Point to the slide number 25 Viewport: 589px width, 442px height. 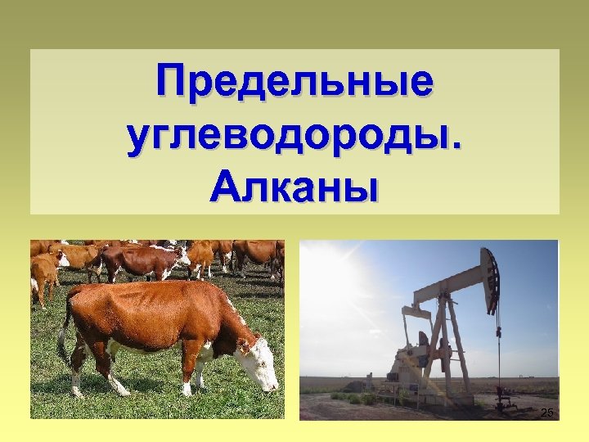click(547, 413)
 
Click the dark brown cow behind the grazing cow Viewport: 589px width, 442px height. click(139, 262)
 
